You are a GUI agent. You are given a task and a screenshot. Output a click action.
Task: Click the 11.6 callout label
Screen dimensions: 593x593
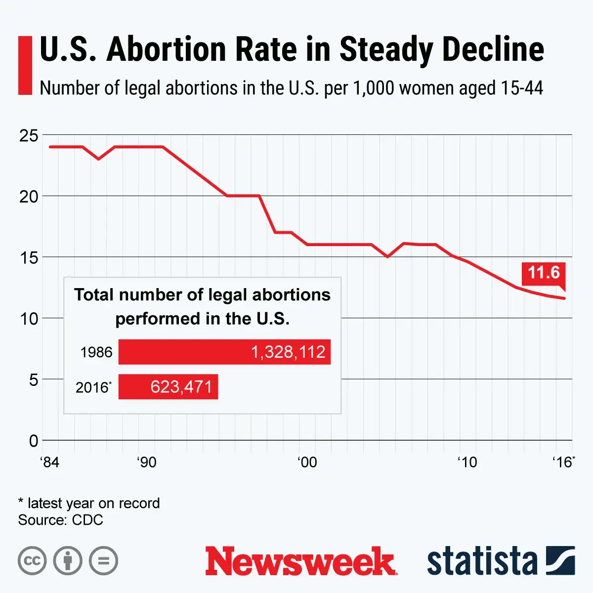click(544, 273)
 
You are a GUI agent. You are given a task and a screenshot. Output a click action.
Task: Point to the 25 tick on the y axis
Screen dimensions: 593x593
click(29, 135)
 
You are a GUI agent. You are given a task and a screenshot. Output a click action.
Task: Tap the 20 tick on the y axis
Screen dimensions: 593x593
click(29, 196)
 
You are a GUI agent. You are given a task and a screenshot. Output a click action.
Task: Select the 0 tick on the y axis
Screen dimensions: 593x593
click(33, 440)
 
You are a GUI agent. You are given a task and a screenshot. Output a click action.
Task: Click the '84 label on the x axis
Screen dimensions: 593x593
click(49, 463)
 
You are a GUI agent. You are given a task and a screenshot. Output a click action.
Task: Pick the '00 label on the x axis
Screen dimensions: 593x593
click(307, 463)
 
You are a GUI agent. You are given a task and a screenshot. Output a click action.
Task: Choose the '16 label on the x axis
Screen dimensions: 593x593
click(563, 463)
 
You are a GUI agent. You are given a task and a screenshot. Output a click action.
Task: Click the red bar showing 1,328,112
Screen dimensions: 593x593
click(224, 352)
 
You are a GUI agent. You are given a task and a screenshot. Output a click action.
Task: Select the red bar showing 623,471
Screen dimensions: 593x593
click(168, 386)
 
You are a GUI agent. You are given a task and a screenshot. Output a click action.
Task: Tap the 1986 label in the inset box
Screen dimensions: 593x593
click(96, 352)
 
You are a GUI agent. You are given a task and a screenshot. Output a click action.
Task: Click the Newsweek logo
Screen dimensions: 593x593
click(300, 561)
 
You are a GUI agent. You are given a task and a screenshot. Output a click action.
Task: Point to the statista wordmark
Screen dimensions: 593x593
click(482, 561)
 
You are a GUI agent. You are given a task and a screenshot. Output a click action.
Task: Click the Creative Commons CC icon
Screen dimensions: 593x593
click(32, 561)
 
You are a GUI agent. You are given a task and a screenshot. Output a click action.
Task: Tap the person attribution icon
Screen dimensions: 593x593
click(68, 561)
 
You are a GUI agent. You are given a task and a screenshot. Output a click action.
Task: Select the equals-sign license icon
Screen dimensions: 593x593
click(103, 561)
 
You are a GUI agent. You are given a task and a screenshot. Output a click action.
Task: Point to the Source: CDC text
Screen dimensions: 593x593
click(60, 520)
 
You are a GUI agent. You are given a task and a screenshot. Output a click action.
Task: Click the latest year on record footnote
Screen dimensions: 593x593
click(89, 503)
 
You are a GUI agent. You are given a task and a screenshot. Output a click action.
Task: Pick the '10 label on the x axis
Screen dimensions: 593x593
click(467, 463)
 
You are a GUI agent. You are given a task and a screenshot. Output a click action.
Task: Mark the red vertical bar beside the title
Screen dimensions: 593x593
click(25, 65)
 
